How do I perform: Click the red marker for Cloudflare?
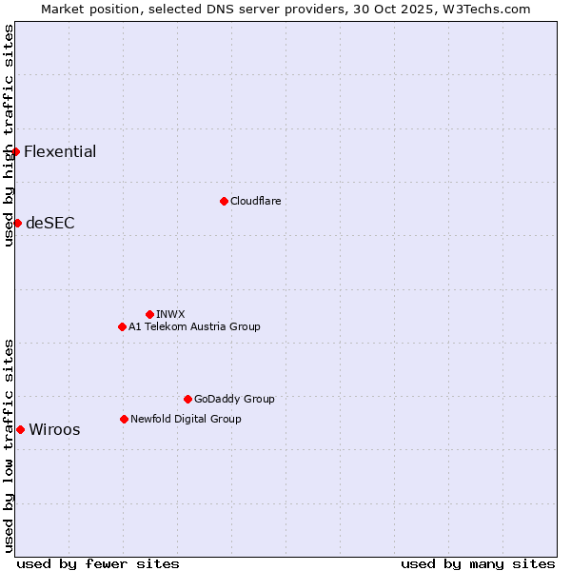tap(224, 201)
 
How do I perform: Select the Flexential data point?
tap(15, 151)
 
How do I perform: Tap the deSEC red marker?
tap(17, 223)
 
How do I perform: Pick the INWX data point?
tap(149, 314)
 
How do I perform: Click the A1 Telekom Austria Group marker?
tap(122, 326)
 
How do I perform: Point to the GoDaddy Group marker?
tap(187, 399)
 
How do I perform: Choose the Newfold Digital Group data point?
tap(124, 419)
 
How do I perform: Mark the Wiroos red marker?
tap(20, 429)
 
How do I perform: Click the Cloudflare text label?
tap(255, 201)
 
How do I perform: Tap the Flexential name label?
tap(60, 151)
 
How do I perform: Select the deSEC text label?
tap(50, 224)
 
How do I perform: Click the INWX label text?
tap(170, 314)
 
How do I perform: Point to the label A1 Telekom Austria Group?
tap(194, 326)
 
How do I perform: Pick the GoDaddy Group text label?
tap(234, 399)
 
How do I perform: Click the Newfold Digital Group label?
tap(186, 419)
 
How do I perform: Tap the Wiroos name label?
tap(54, 429)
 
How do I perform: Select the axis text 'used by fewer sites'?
tap(98, 563)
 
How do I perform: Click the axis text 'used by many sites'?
tap(478, 563)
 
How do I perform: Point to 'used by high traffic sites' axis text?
tap(9, 135)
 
